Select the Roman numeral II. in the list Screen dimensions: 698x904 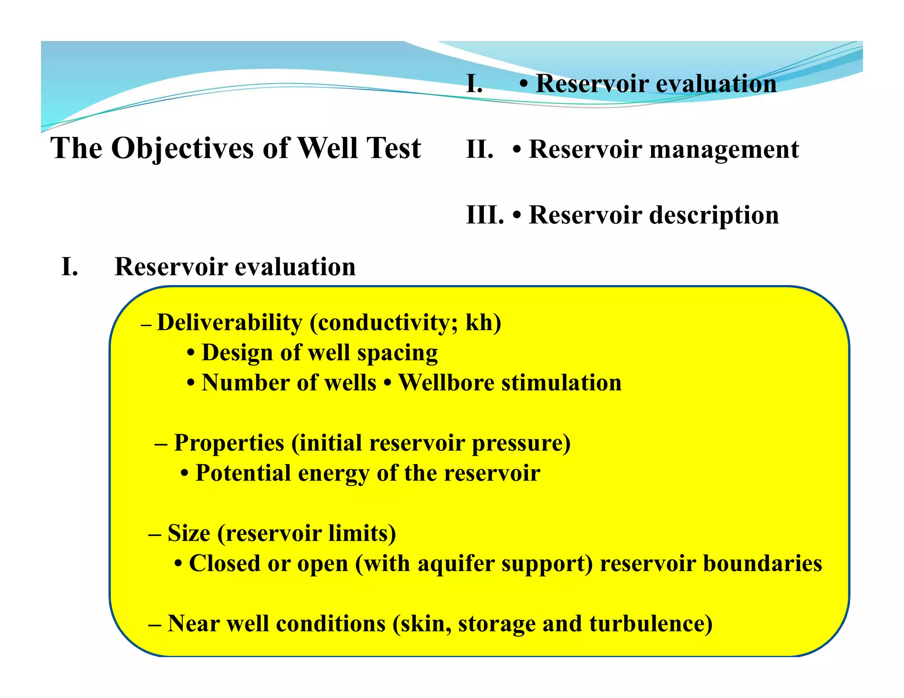click(479, 149)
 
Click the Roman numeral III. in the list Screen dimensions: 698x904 click(485, 215)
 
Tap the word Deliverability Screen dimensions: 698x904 click(230, 323)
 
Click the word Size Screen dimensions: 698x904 click(188, 533)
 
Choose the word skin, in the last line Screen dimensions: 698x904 click(426, 624)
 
